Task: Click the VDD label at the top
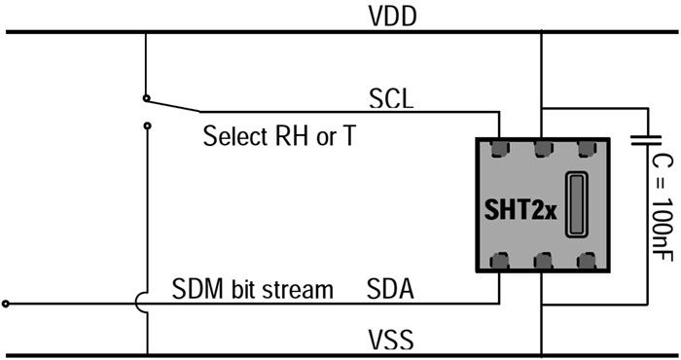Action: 392,17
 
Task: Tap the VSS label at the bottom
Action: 391,340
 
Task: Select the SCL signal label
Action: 391,98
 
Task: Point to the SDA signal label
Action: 390,289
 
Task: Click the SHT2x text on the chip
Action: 520,210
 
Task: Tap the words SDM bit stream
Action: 252,289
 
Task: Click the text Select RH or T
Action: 279,135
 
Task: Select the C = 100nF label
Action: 663,208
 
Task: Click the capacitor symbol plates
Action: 646,140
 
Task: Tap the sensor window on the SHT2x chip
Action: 576,204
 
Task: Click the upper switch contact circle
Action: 146,98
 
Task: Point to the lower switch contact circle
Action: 147,126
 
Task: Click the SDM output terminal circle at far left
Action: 5,304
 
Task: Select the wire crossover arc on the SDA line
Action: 137,304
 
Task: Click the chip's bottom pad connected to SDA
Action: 499,261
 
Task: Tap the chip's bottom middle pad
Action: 543,261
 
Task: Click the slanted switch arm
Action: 174,105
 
